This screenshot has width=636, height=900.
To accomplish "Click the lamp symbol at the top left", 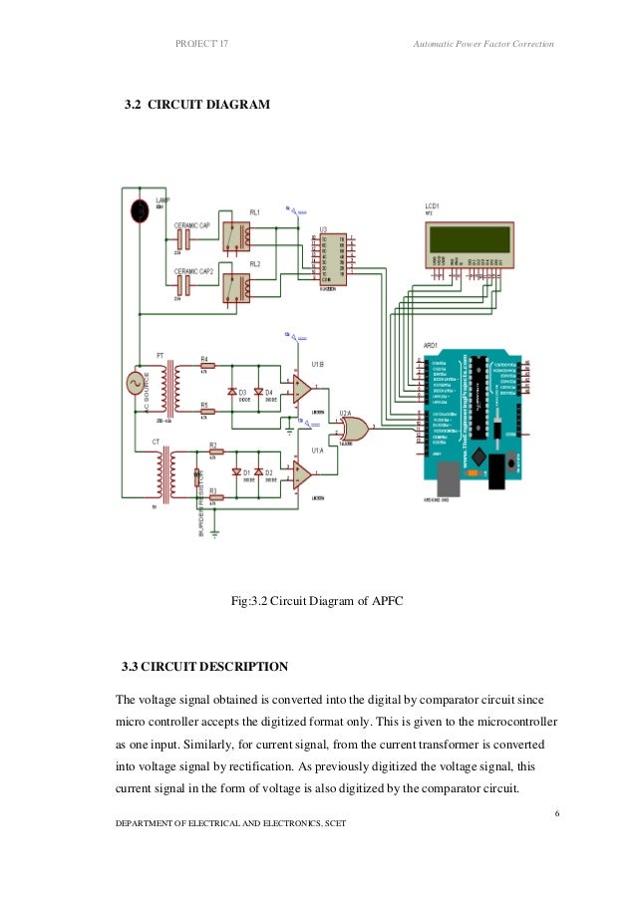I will click(x=141, y=210).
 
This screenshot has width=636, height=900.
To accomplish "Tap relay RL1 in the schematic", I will click(x=235, y=236).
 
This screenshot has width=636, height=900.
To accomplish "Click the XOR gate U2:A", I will click(x=352, y=430).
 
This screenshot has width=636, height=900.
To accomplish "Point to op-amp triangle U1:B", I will click(x=301, y=388).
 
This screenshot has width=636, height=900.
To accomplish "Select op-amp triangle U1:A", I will click(x=301, y=474).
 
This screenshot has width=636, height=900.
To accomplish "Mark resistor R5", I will click(x=203, y=414).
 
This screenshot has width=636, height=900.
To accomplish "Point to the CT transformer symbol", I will click(x=162, y=476).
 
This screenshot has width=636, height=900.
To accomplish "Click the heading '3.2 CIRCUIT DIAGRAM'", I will click(x=195, y=131).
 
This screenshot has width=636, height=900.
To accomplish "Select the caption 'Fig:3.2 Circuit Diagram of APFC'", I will click(x=316, y=601).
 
